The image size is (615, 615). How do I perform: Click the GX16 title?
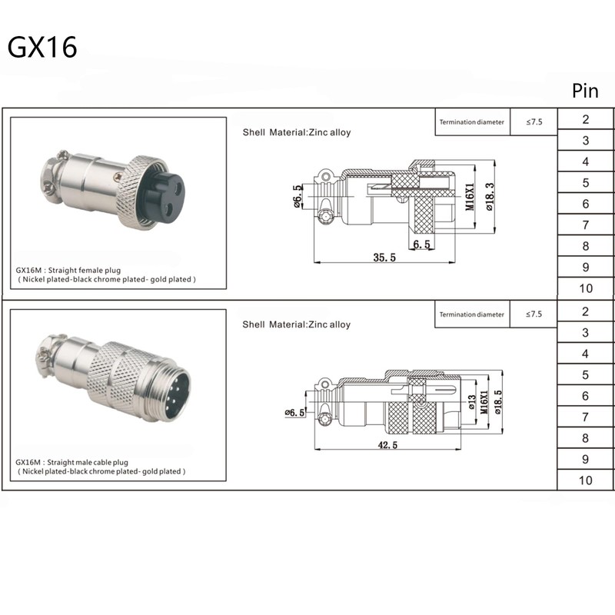(42, 48)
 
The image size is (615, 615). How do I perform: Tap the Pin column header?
(585, 91)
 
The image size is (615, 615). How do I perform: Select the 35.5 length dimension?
(384, 258)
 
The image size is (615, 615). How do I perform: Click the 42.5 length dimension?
(387, 445)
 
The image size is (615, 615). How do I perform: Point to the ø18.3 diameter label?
(490, 197)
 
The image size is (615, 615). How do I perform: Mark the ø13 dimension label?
(472, 402)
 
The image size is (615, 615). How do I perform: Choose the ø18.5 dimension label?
(497, 402)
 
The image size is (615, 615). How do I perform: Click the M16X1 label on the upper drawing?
(470, 197)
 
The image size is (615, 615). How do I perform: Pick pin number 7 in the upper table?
(586, 224)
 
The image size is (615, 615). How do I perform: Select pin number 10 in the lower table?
(586, 480)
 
